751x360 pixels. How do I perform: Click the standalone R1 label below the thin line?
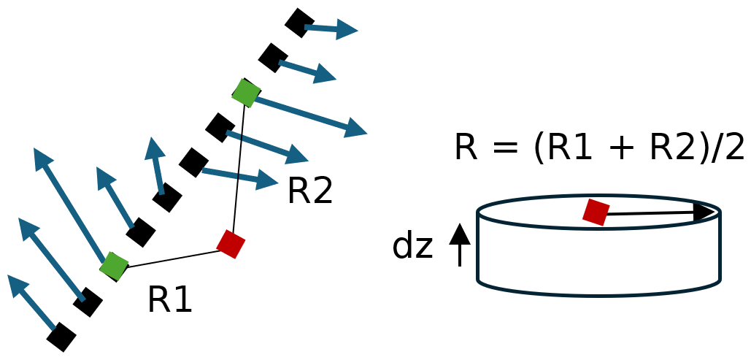tap(169, 299)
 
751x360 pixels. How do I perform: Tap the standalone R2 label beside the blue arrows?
tap(309, 191)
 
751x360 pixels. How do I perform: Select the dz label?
tap(412, 245)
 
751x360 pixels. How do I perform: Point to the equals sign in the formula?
tap(509, 148)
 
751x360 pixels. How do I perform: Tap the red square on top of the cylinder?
tap(596, 212)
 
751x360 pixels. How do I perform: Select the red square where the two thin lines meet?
tap(231, 244)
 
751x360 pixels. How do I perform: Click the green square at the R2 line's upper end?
tap(246, 93)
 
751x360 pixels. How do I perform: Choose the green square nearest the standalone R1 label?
tap(114, 266)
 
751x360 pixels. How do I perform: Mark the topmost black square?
tap(299, 23)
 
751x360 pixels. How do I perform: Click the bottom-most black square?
tap(61, 337)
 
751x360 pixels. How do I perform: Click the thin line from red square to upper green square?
tap(239, 168)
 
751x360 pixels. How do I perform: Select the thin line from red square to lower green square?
tap(172, 258)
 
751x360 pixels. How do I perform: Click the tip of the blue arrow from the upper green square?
tap(363, 133)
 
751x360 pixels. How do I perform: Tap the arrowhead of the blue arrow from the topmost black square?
tap(352, 31)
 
